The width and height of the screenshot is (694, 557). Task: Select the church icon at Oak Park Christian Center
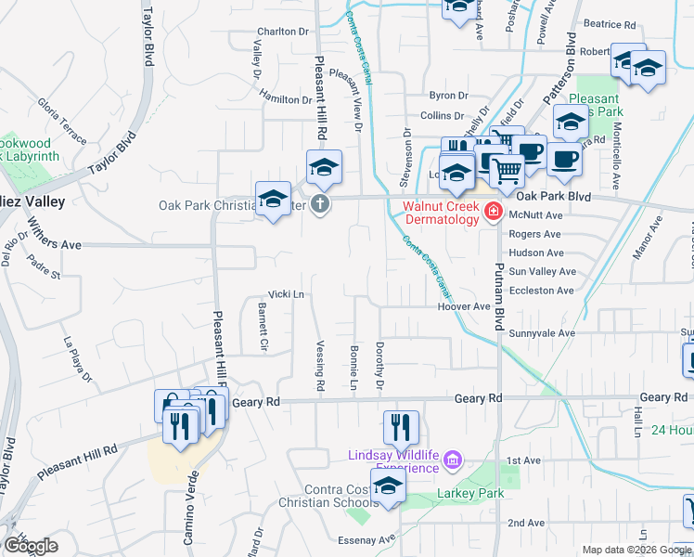coord(320,204)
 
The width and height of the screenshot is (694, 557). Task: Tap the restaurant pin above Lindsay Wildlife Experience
coord(401,428)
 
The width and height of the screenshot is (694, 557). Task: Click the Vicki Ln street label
coord(287,294)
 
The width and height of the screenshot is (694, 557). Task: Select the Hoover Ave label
coord(463,306)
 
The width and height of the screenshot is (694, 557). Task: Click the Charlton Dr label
coord(282,31)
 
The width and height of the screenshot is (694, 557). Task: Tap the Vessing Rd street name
coord(320,365)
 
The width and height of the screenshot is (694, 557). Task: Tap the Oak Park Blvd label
coord(553,197)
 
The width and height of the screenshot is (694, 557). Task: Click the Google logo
coord(31,546)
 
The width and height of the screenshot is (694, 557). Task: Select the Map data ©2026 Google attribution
coord(636,551)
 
